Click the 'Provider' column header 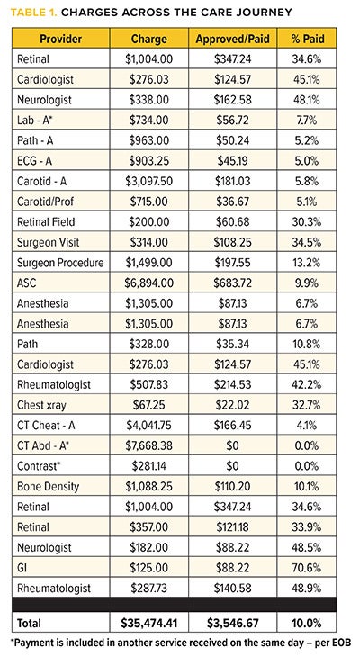[55, 40]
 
